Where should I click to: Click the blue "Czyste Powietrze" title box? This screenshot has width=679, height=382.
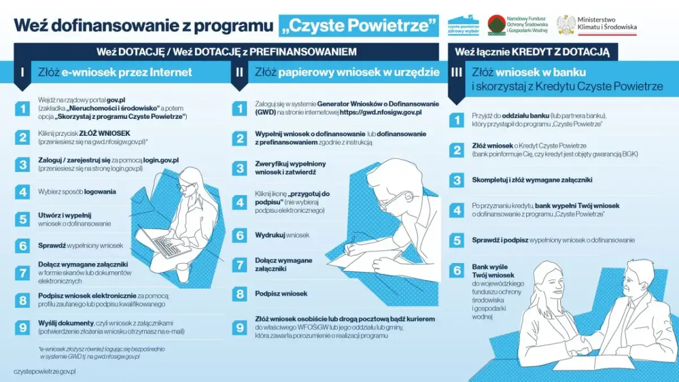pyautogui.click(x=359, y=25)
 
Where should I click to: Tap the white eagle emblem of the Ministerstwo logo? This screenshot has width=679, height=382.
pyautogui.click(x=566, y=25)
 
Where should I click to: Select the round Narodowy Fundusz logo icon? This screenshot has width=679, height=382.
pyautogui.click(x=496, y=25)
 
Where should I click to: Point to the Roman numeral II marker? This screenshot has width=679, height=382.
pyautogui.click(x=239, y=72)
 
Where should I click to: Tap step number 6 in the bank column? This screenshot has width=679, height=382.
pyautogui.click(x=456, y=271)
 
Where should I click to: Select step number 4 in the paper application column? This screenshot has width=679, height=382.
pyautogui.click(x=240, y=202)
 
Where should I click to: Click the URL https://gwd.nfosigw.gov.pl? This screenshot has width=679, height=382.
pyautogui.click(x=381, y=113)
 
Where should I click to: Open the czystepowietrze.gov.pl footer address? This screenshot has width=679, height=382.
pyautogui.click(x=45, y=371)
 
